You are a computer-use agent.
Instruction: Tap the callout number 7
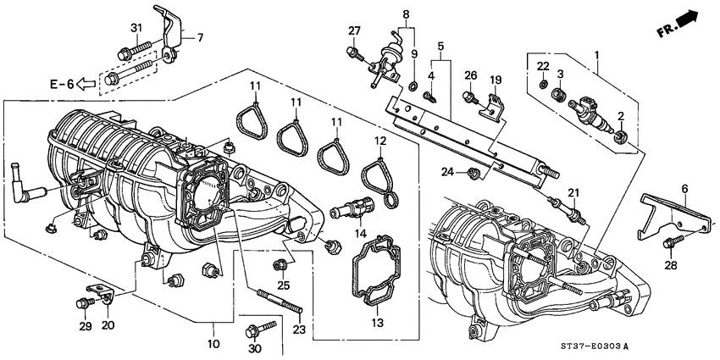200,37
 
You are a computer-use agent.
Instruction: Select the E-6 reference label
64,84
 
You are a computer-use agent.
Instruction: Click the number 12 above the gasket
380,141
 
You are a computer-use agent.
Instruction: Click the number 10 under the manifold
213,344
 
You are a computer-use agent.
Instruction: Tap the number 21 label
573,192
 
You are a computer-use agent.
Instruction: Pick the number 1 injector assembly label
599,56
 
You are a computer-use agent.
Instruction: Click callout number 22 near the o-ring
543,66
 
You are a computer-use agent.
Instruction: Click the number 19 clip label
496,80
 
